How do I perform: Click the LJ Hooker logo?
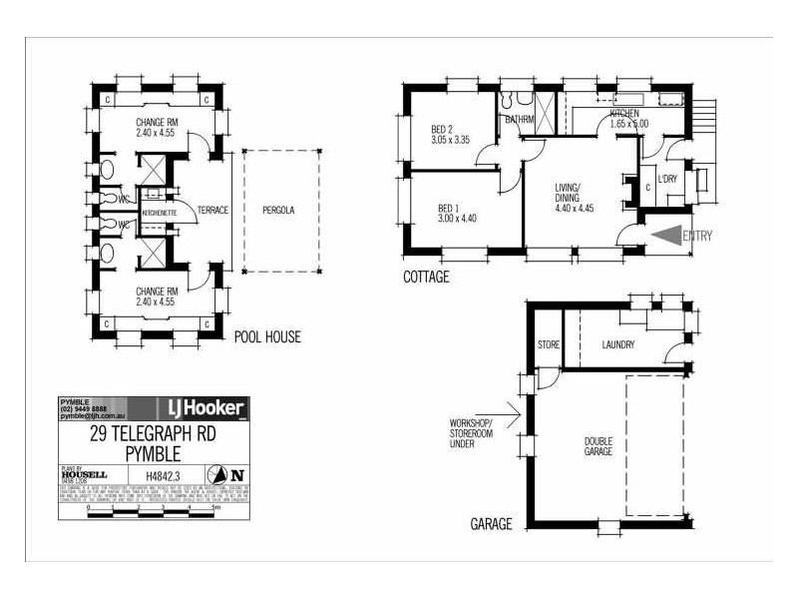[203, 408]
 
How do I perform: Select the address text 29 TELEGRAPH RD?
[153, 434]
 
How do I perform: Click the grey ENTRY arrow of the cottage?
[664, 237]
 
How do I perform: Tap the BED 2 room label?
[443, 130]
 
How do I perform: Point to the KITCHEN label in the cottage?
[625, 114]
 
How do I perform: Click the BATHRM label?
[521, 120]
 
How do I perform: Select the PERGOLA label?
[279, 211]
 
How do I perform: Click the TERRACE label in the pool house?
[213, 211]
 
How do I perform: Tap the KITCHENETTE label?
[160, 214]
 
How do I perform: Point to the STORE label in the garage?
[549, 345]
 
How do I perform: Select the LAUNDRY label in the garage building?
[619, 345]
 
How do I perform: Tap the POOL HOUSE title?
[267, 337]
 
